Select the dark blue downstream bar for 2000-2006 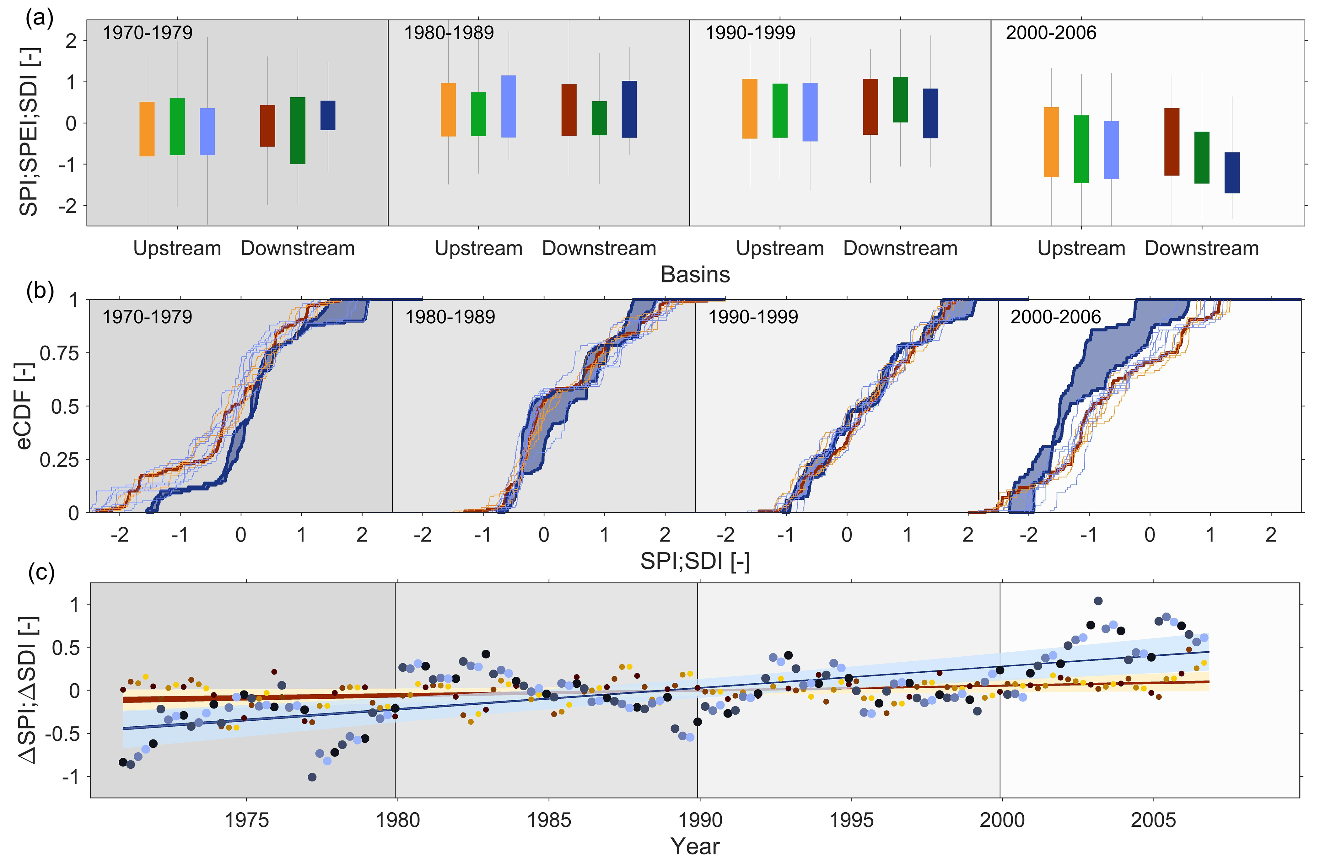[x=1232, y=172]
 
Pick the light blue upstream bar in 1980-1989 [x=509, y=106]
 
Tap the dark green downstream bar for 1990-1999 [x=901, y=100]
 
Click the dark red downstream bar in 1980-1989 [x=569, y=110]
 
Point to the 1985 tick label [x=549, y=820]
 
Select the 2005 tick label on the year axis [x=1154, y=820]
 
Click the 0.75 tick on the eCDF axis [x=59, y=353]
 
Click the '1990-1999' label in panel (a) [x=750, y=33]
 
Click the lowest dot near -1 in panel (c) [x=312, y=777]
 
